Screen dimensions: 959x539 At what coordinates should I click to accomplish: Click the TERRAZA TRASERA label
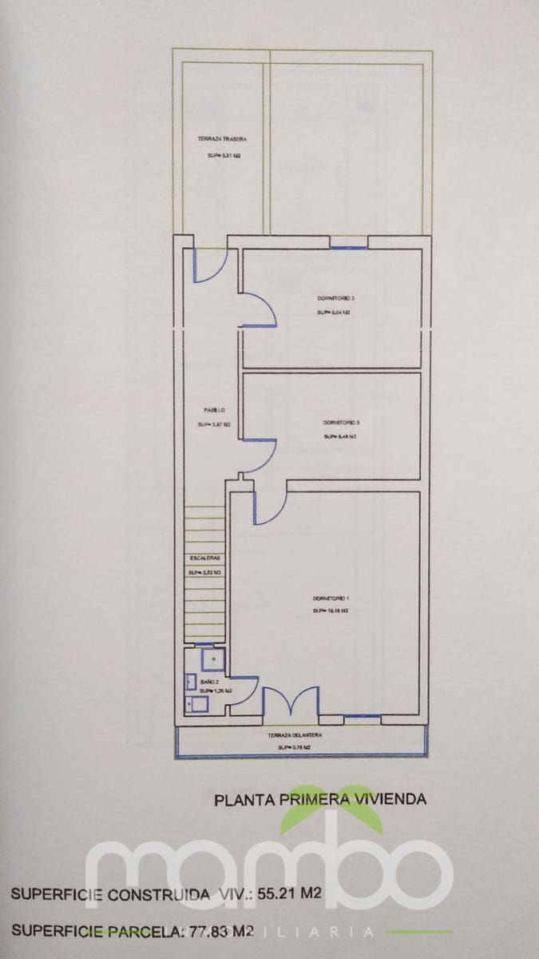(216, 138)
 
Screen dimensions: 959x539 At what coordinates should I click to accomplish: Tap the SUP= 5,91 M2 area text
(218, 156)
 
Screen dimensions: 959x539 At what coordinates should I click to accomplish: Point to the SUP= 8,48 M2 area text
(339, 437)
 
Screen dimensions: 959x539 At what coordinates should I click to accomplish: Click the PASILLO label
(215, 411)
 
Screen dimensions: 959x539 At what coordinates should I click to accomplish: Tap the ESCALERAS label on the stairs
(204, 557)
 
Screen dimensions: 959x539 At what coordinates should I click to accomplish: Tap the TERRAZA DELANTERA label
(295, 734)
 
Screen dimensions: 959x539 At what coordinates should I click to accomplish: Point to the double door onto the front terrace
(291, 701)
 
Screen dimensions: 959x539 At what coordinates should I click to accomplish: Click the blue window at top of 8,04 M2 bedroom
(349, 248)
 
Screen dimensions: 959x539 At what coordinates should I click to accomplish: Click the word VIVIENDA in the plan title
(389, 798)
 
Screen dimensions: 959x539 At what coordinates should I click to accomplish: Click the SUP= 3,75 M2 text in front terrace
(294, 747)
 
